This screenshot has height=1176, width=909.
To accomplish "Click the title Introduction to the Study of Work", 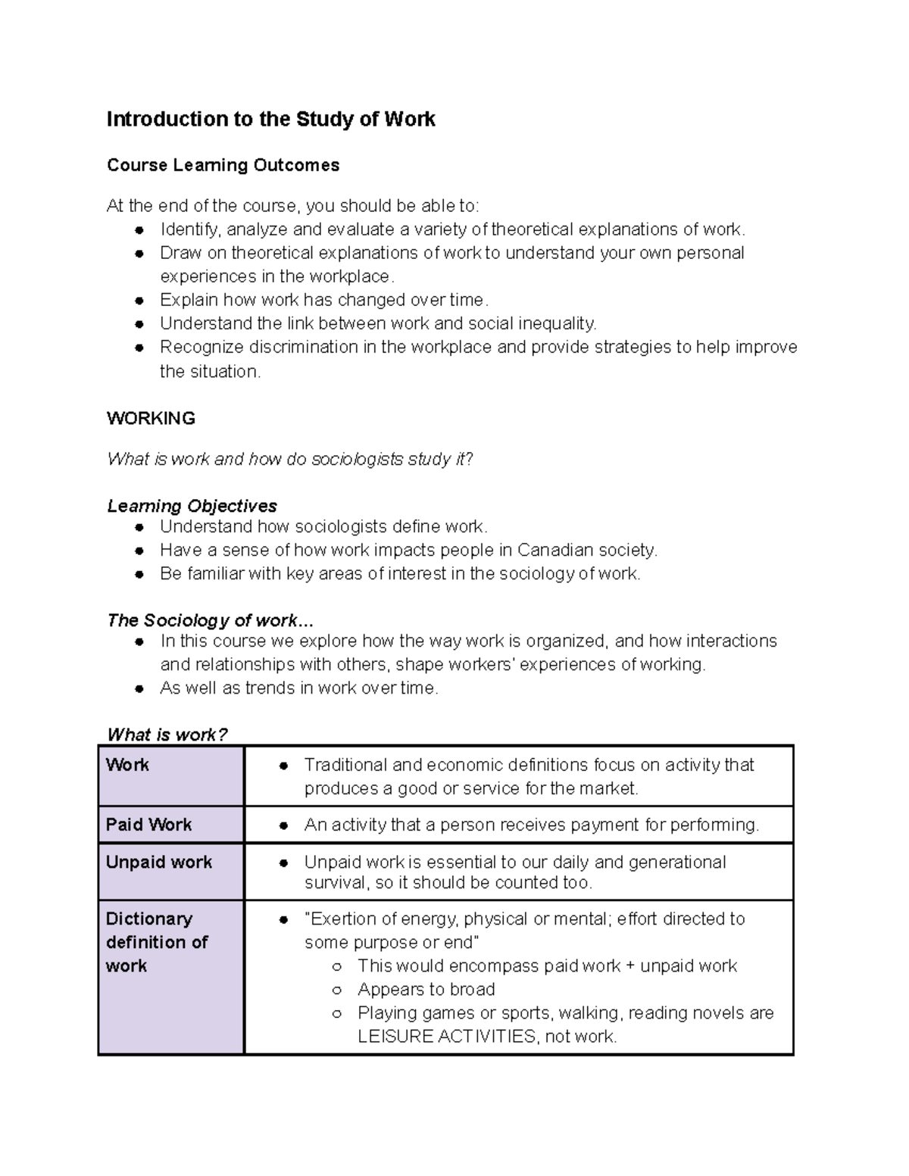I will pos(270,120).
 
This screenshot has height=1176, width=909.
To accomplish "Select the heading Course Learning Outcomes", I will pos(223,165).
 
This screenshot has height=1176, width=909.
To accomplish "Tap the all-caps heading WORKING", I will pos(151,418).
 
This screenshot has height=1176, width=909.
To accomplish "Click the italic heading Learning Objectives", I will pos(192,506).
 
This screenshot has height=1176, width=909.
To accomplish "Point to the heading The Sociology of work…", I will pos(209,621).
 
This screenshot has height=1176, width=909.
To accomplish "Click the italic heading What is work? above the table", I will pos(167,735).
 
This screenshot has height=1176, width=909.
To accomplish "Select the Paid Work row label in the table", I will pos(149,825).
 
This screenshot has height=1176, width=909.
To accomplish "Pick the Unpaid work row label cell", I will pos(159,863).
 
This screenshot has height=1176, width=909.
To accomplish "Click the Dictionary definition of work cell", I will pos(157,942).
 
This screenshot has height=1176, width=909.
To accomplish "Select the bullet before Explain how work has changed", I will pos(139,301).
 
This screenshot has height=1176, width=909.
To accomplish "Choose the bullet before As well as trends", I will pos(139,689).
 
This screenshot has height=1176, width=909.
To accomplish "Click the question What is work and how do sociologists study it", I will pos(290,459).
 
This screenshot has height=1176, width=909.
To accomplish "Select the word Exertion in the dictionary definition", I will pos(342,919).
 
